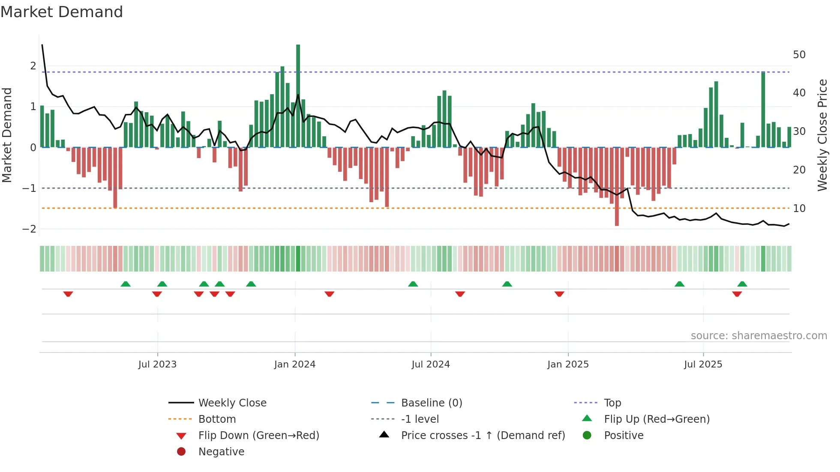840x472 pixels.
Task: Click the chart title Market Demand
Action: pyautogui.click(x=62, y=12)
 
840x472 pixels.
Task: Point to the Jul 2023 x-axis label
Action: pyautogui.click(x=157, y=364)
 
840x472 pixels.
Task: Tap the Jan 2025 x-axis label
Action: pyautogui.click(x=568, y=364)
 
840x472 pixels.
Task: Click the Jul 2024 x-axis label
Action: pyautogui.click(x=431, y=364)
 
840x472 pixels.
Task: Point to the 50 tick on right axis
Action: pyautogui.click(x=799, y=55)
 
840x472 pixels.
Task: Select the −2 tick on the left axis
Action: pyautogui.click(x=29, y=229)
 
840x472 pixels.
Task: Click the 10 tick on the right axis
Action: pyautogui.click(x=799, y=209)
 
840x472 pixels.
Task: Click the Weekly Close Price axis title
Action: pyautogui.click(x=822, y=135)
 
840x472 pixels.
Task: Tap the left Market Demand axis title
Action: pyautogui.click(x=7, y=135)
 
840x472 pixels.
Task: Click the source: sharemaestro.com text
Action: pyautogui.click(x=759, y=336)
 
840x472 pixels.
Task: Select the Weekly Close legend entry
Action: pyautogui.click(x=232, y=403)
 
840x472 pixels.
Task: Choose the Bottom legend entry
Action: pyautogui.click(x=217, y=419)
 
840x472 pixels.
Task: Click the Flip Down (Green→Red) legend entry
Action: pyautogui.click(x=258, y=436)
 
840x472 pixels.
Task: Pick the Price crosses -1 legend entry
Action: pyautogui.click(x=483, y=436)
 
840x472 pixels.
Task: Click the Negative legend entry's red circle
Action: pyautogui.click(x=181, y=452)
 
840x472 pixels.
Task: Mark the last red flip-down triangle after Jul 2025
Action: pyautogui.click(x=737, y=294)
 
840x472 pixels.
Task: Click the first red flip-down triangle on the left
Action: pyautogui.click(x=68, y=294)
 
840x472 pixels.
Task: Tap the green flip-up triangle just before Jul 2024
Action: pyautogui.click(x=413, y=284)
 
